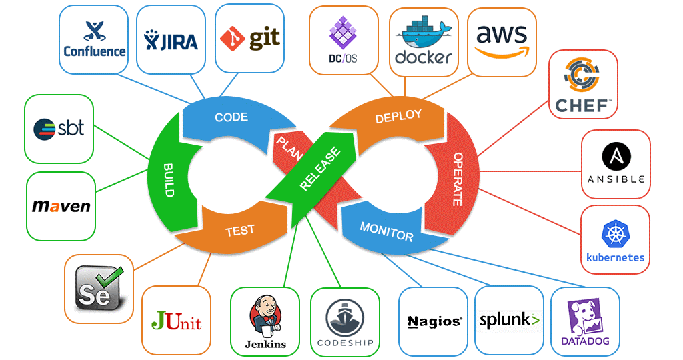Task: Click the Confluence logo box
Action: pos(94,39)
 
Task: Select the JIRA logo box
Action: pos(171,40)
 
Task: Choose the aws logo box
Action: pos(501,41)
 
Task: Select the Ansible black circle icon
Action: pos(616,157)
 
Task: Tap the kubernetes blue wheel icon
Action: pos(614,233)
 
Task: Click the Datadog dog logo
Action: pos(585,315)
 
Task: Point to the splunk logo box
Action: pos(509,321)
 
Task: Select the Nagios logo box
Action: pos(434,321)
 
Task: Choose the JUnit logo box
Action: pos(176,320)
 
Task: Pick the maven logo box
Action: pos(61,206)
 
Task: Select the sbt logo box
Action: pos(59,129)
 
